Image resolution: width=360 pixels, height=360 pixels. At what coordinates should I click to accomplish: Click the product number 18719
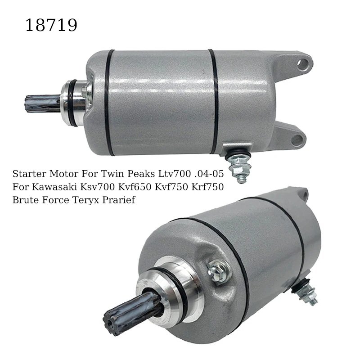[x=51, y=25]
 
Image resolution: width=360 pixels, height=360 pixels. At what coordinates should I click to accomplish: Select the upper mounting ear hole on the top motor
[x=301, y=63]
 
